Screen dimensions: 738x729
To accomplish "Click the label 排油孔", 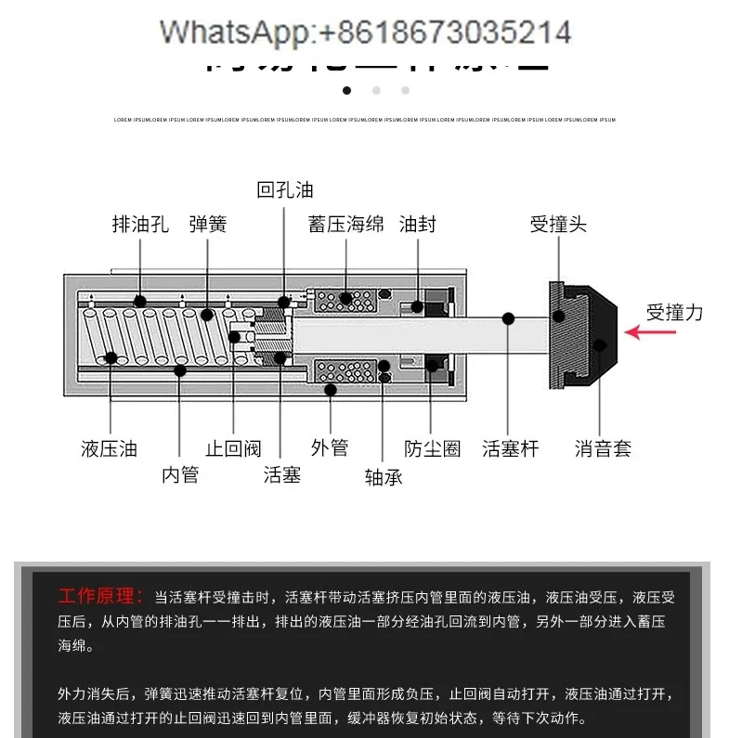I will pos(140,224).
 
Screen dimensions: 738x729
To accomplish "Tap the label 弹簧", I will pos(207,224).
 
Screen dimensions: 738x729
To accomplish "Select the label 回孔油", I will pos(285,189).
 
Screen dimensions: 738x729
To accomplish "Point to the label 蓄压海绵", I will pos(346,224).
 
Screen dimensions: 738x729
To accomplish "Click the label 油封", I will pos(417,224).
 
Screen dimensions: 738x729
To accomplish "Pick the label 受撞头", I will pos(558,224).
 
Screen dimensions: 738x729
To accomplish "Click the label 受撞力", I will pos(674,312).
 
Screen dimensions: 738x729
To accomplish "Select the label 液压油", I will pos(109,449).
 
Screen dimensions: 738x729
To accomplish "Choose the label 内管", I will pos(180,475).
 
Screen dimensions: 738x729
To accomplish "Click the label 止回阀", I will pos(233,449).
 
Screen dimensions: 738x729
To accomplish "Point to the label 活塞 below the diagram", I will pos(281,475).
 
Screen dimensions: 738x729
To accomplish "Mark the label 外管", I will pos(329,447).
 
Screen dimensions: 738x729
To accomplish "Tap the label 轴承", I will pos(384,477).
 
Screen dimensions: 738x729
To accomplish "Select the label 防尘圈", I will pos(433,449).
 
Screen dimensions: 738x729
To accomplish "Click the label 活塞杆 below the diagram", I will pos(510,449).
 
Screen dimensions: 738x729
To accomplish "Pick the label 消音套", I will pos(603,449).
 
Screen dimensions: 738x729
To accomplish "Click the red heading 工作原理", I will pos(100,596).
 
